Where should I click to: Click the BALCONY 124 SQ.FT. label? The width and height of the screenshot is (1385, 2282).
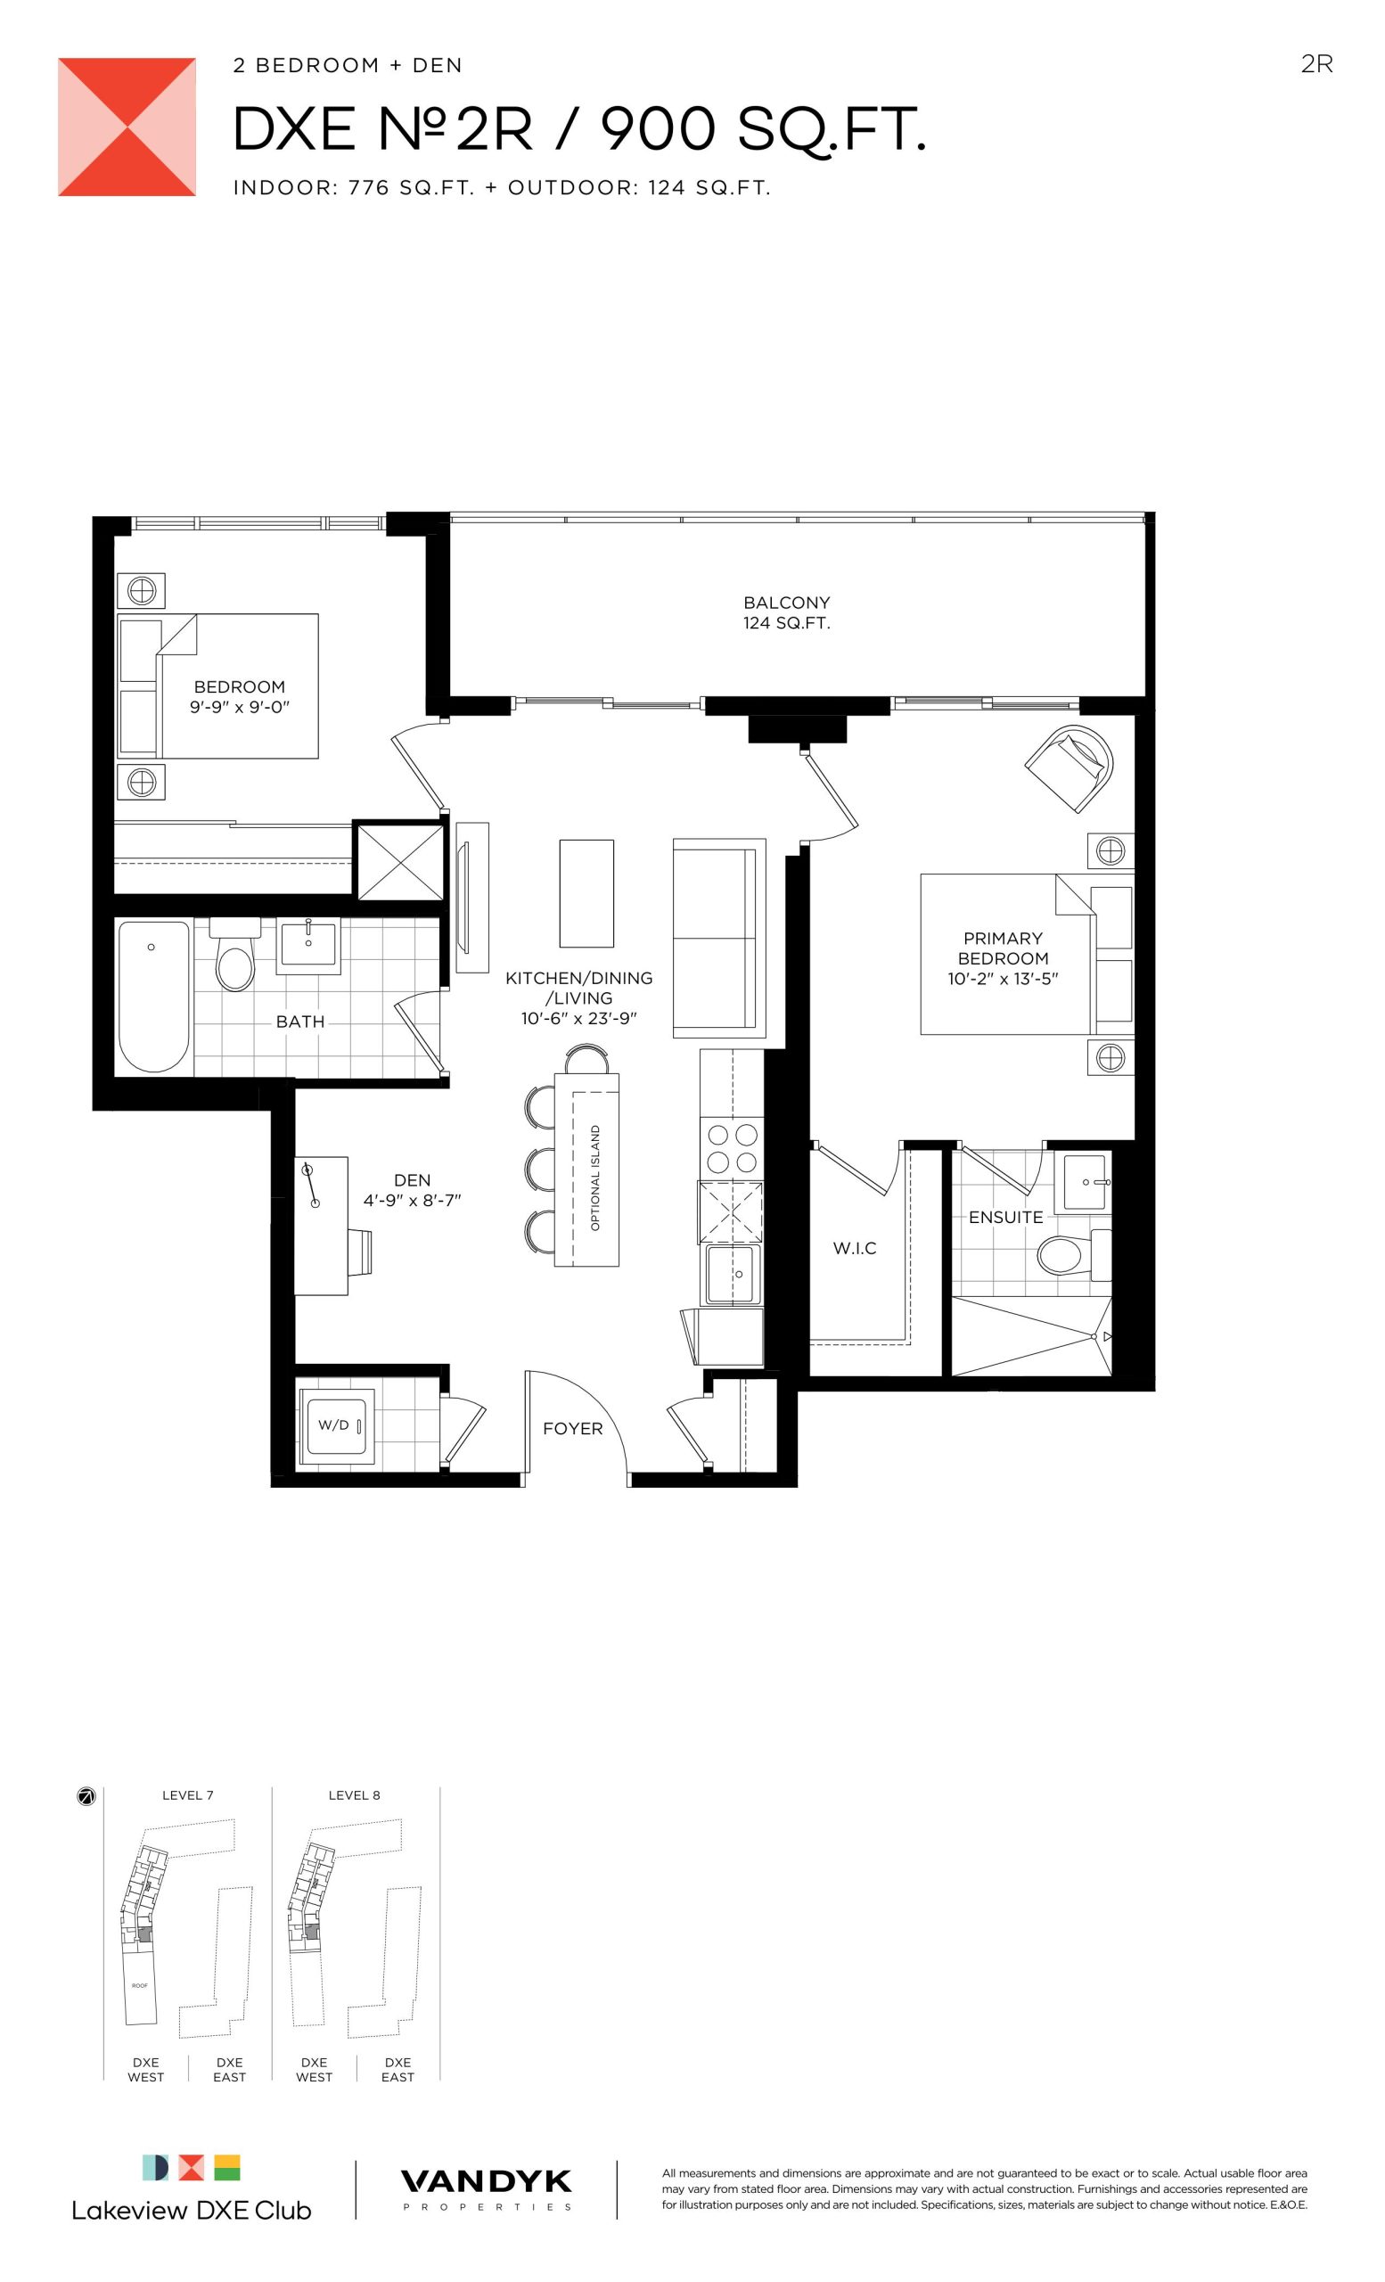786,612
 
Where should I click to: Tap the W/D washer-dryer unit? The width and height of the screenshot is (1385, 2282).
335,1425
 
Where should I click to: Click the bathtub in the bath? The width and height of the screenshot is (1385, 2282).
153,997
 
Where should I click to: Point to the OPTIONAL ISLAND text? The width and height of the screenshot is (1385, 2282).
595,1178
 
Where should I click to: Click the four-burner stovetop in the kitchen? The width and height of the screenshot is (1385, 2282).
733,1148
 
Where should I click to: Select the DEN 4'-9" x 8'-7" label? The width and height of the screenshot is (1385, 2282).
412,1190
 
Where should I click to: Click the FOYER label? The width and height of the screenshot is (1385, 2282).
572,1428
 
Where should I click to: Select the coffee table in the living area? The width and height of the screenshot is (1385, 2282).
586,893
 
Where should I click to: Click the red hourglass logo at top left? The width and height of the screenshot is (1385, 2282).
127,127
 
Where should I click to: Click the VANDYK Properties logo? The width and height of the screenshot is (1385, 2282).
486,2189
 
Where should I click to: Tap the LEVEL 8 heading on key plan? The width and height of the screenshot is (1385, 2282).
354,1795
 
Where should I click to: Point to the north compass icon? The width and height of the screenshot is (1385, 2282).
86,1797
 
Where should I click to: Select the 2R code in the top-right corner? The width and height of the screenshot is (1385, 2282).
1316,64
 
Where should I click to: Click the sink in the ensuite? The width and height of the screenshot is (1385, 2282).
1085,1182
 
